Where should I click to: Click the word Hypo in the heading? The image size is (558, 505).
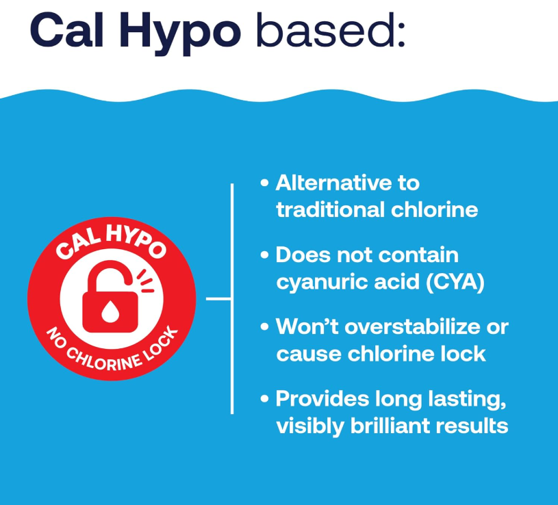tap(180, 34)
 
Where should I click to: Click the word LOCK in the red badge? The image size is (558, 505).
tap(161, 344)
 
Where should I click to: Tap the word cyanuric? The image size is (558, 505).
tap(322, 283)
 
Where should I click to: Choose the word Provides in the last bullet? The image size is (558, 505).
tap(322, 399)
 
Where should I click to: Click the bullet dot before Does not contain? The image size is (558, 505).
tap(264, 255)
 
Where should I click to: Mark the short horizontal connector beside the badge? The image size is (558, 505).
tap(218, 299)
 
